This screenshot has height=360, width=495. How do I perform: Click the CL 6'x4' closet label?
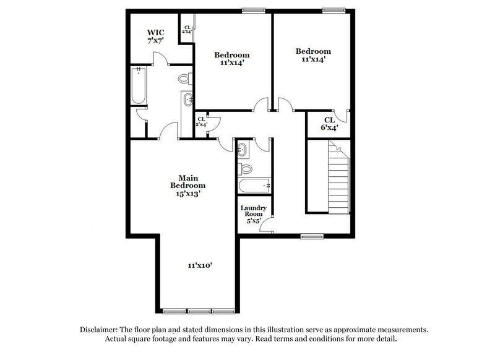(x=329, y=124)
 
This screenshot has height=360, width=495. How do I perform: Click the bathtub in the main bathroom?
(x=137, y=86)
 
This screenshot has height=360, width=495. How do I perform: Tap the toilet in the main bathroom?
(x=185, y=79)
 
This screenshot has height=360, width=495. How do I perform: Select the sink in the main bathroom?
(x=188, y=101)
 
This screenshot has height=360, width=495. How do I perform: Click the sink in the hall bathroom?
(x=243, y=149)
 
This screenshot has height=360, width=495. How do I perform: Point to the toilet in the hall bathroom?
(x=246, y=168)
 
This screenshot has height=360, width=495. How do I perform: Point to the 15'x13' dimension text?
(x=188, y=193)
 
